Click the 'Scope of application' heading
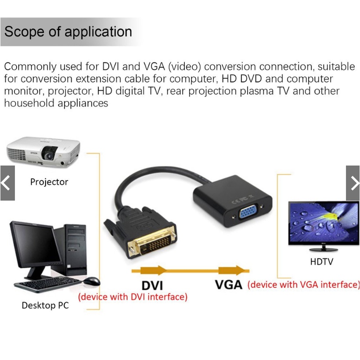[x=68, y=32]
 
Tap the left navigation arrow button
[x=7, y=183]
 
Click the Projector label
[x=49, y=182]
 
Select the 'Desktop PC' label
[x=45, y=305]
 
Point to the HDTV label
[x=321, y=262]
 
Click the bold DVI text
[x=152, y=285]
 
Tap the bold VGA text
[x=229, y=285]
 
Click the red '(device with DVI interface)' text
[x=133, y=297]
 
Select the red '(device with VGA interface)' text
[x=303, y=284]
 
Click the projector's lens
[x=49, y=154]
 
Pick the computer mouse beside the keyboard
[x=92, y=281]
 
